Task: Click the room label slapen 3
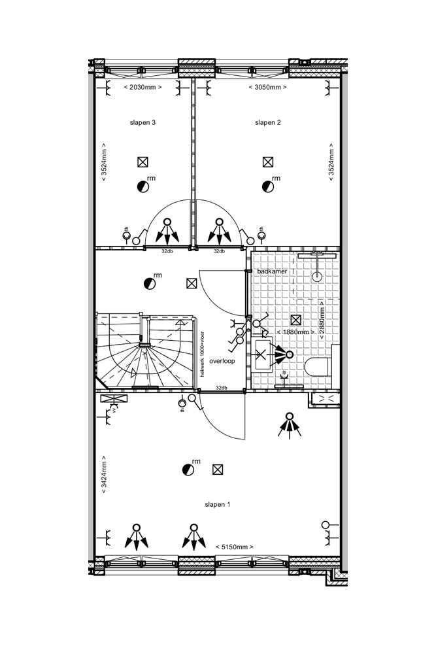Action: point(143,122)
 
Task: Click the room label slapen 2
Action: point(268,122)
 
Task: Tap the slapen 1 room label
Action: point(218,504)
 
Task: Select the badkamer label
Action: point(272,271)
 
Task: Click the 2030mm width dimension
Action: point(143,87)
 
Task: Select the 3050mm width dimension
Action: point(268,87)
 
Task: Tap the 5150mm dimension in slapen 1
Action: point(234,547)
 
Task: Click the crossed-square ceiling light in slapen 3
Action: point(143,162)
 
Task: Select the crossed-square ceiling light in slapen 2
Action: point(268,162)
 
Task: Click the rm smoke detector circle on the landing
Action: point(150,284)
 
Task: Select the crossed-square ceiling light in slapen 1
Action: point(218,470)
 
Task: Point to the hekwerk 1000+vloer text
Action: point(203,353)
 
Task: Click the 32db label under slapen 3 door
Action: point(167,251)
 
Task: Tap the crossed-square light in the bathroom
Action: point(295,320)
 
